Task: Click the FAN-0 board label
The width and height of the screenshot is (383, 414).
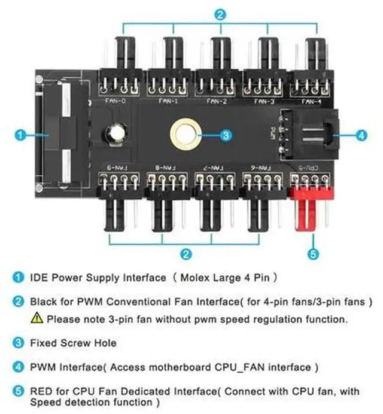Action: pos(119,101)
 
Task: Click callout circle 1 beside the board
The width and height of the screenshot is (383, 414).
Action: pos(20,136)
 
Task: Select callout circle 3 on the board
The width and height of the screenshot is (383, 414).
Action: pos(225,136)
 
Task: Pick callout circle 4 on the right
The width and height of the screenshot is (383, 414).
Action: pos(361,136)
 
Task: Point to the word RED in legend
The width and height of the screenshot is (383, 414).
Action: pos(40,391)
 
